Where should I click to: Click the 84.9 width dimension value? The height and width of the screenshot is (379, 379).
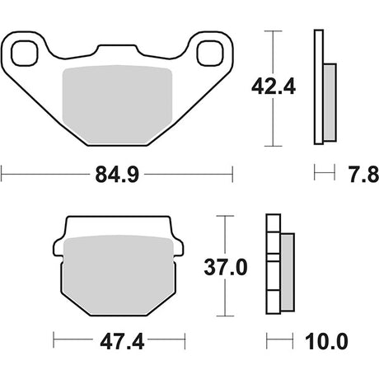pos(117,175)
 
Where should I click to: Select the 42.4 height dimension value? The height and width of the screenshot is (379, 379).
pos(274,87)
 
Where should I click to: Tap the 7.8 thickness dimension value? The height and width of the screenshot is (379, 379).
pos(364,175)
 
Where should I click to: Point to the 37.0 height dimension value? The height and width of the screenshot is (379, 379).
pos(226,268)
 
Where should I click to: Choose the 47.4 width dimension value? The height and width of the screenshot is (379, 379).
pos(122,342)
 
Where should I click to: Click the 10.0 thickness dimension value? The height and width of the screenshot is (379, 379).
pos(326,342)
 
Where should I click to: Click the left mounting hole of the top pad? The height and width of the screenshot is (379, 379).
pos(24,54)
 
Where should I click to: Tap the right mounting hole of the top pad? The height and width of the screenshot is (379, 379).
pos(210,54)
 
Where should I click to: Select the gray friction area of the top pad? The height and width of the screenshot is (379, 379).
pos(117,105)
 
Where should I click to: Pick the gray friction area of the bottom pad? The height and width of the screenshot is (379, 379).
pos(119,274)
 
